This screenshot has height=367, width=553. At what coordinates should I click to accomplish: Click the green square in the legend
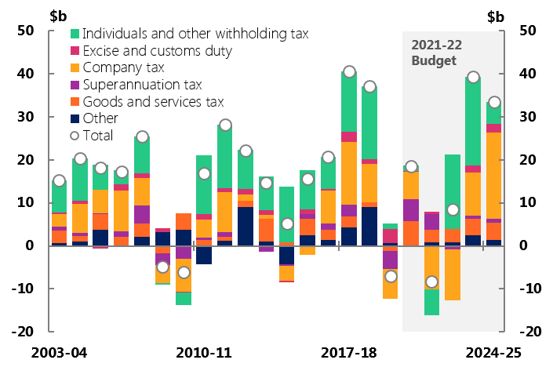coord(75,34)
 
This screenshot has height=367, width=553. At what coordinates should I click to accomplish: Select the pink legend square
coord(75,50)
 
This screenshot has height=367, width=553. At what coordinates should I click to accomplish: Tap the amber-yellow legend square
coord(75,67)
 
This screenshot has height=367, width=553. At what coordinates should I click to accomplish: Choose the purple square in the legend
coord(75,85)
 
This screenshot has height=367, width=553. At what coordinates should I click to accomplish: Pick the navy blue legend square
coord(75,118)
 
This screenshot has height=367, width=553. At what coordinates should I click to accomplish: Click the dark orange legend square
coord(75,101)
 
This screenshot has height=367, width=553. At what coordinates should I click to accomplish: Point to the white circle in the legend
coord(75,136)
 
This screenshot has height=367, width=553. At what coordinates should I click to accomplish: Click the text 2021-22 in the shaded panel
coord(436,45)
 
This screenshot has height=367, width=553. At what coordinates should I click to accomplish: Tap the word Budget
coord(433,60)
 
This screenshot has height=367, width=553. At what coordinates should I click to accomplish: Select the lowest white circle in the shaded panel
coord(431,282)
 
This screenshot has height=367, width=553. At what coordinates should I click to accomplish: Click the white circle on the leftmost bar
coord(59,180)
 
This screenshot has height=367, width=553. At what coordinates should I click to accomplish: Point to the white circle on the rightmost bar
coord(494,102)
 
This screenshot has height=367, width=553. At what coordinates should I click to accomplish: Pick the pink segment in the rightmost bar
coord(493,128)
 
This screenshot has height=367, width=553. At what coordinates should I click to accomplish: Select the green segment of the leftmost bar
coord(59,198)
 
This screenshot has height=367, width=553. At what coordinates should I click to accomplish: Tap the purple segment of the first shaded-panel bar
coord(411,209)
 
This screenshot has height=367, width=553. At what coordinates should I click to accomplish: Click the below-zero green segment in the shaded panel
coord(431,302)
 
